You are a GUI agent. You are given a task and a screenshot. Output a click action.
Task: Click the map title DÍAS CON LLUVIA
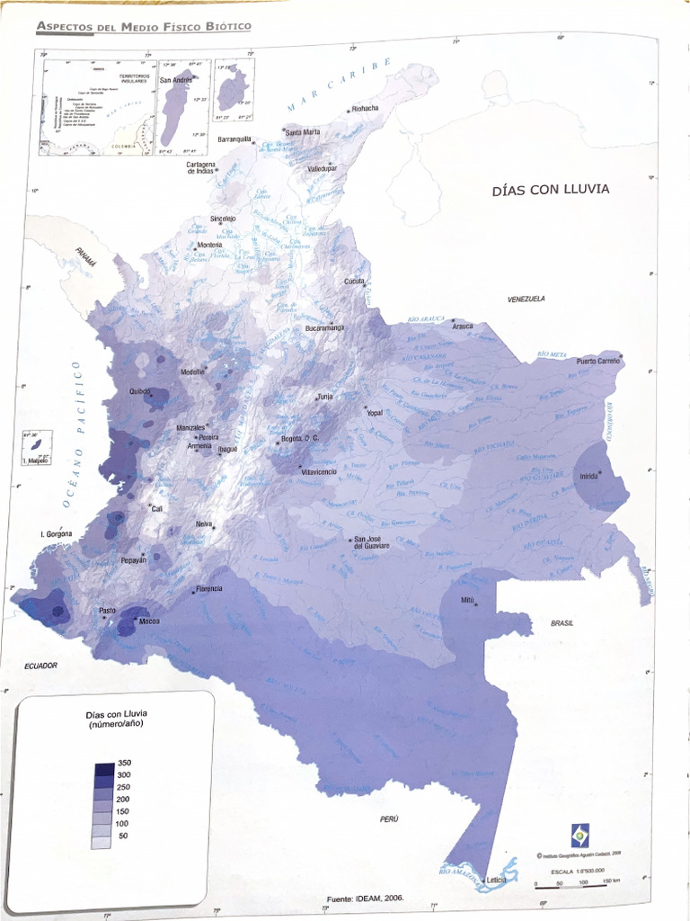click(550, 189)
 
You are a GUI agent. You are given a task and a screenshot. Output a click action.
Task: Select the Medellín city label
click(192, 371)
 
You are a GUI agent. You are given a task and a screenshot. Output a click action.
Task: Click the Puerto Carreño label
click(598, 360)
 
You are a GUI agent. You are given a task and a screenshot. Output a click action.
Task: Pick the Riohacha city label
click(365, 108)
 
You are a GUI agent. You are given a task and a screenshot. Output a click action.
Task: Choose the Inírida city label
click(588, 475)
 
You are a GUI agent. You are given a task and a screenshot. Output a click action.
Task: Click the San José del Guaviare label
click(371, 542)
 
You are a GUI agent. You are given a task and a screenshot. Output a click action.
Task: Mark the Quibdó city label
click(140, 391)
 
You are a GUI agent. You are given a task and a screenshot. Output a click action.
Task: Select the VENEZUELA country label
click(526, 299)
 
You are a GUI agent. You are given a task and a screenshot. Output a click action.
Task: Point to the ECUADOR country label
click(41, 666)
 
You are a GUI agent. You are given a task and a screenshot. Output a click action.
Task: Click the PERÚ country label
click(388, 818)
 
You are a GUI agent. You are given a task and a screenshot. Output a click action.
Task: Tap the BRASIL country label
click(563, 622)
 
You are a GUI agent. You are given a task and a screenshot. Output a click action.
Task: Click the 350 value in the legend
click(124, 763)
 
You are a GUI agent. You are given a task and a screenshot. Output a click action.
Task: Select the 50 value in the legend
click(124, 836)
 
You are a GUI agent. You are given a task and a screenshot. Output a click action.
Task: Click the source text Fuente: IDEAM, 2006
click(366, 898)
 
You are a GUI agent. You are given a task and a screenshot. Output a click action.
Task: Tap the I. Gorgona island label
click(56, 534)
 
